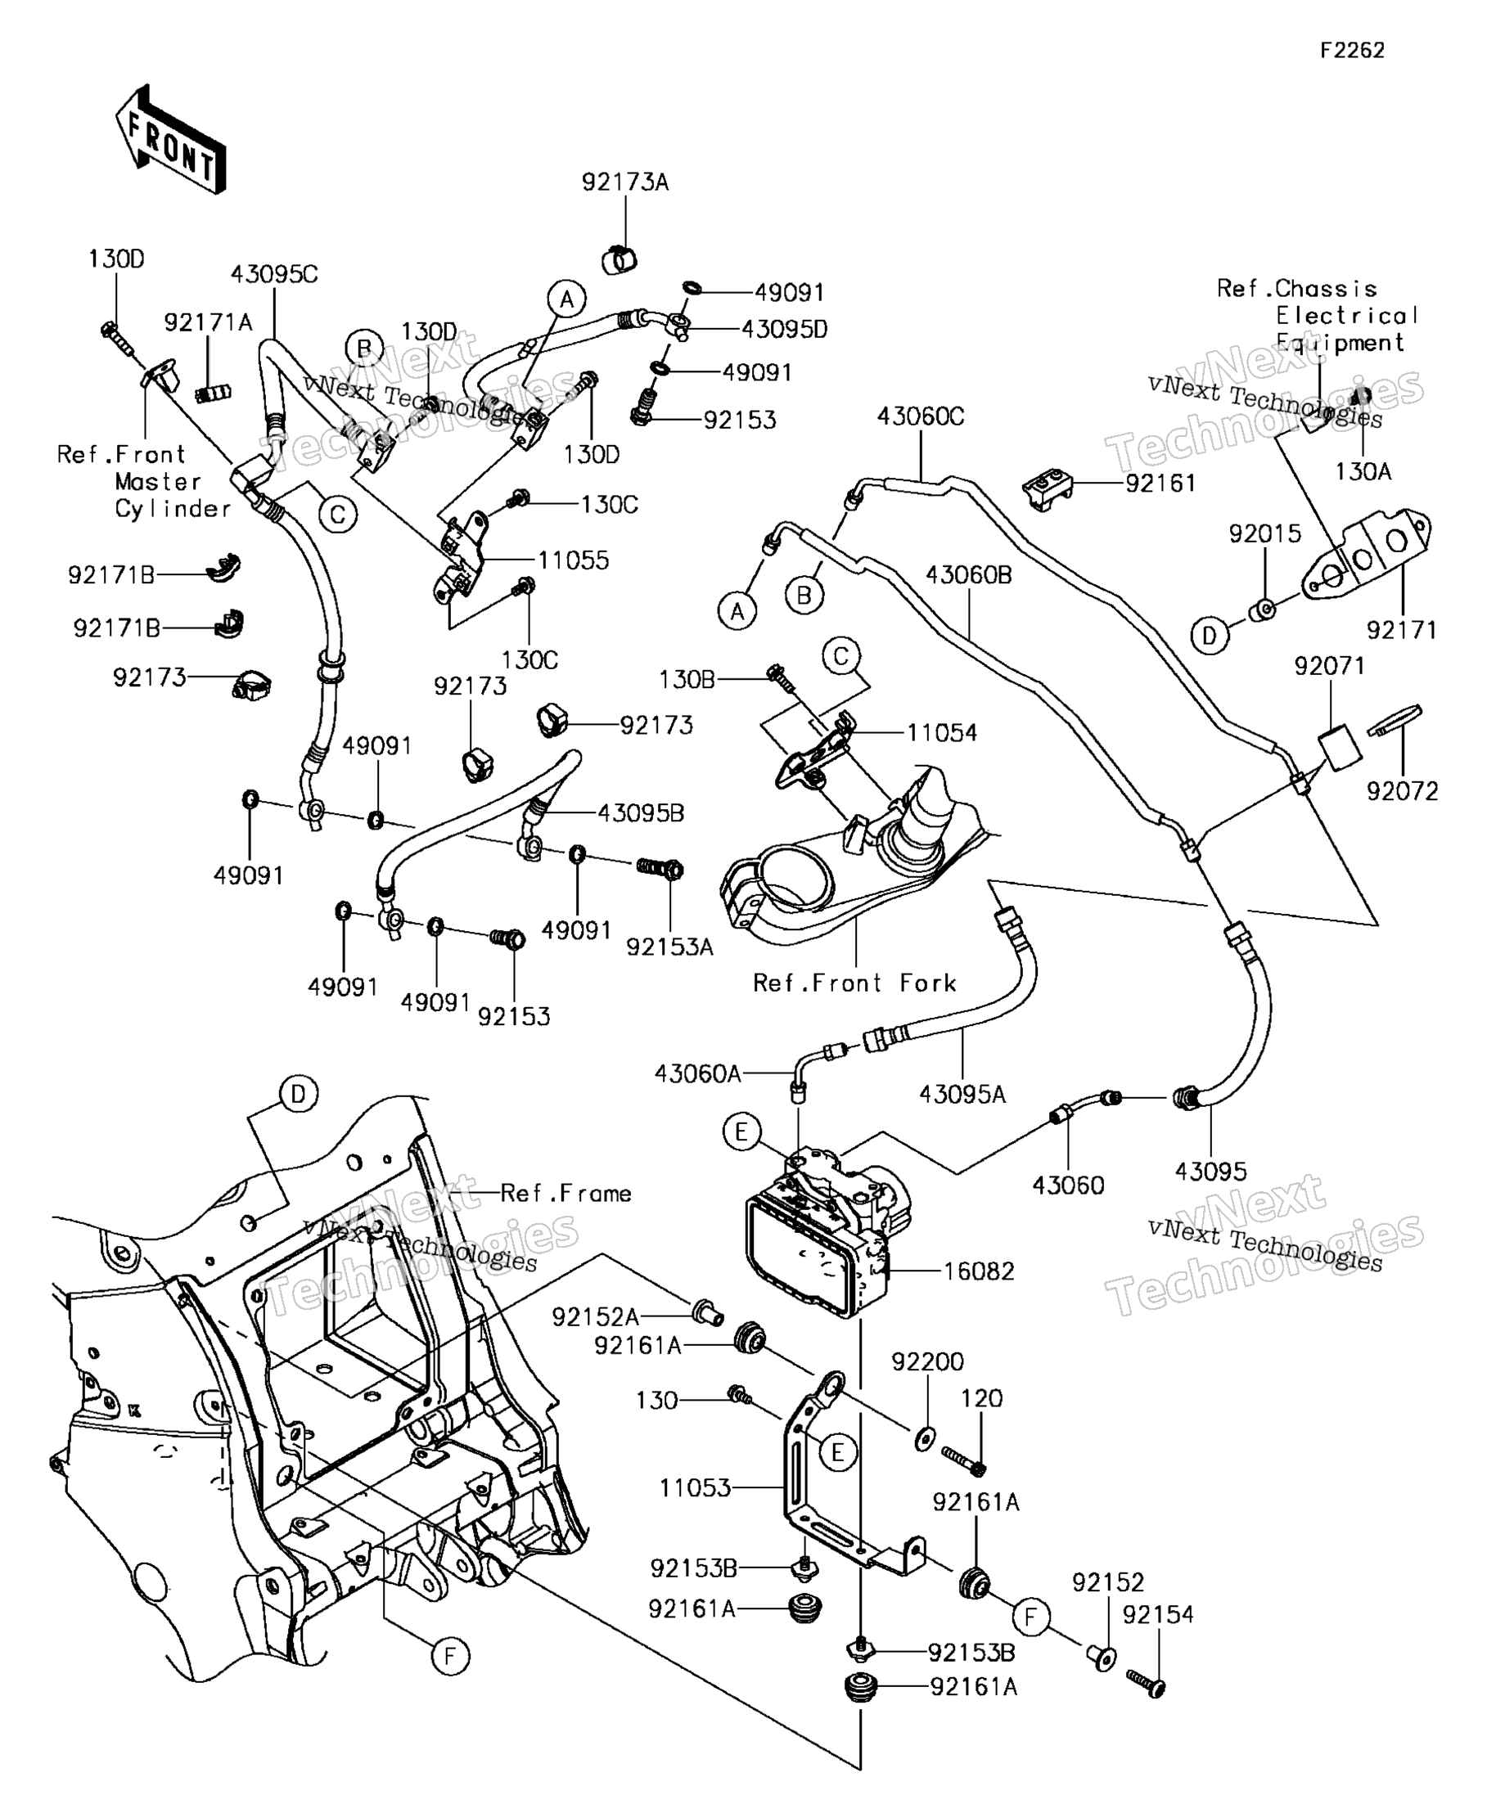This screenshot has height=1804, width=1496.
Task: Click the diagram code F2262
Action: [1353, 51]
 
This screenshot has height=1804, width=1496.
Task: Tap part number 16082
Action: [979, 1271]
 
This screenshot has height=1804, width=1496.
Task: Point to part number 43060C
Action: [921, 416]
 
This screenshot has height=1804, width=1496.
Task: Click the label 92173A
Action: [624, 182]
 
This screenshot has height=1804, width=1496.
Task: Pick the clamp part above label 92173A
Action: [620, 258]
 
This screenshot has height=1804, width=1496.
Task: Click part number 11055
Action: [573, 560]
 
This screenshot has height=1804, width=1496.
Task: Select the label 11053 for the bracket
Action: [694, 1487]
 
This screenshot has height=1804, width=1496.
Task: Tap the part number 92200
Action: [927, 1361]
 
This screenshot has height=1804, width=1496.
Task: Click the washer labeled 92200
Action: [924, 1437]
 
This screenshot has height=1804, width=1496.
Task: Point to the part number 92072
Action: [1403, 791]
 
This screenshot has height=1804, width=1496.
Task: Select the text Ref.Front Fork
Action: [854, 983]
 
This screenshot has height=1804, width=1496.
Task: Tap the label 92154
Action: [1157, 1615]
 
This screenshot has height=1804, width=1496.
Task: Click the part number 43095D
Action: [784, 329]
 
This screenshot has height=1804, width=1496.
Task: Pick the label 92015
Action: [1265, 533]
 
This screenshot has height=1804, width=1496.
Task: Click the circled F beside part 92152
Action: [1031, 1617]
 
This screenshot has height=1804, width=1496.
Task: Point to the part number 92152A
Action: [596, 1317]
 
